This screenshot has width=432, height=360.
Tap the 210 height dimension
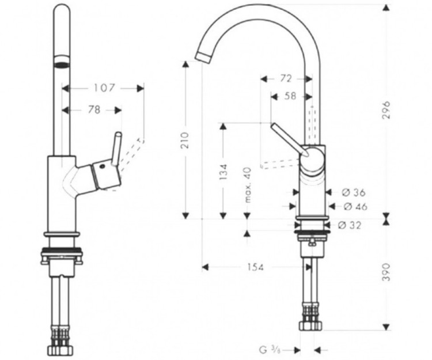pyautogui.click(x=185, y=139)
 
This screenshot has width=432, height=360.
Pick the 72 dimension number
pyautogui.click(x=286, y=78)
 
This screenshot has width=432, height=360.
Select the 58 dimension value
pyautogui.click(x=290, y=96)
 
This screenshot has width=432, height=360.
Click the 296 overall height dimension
pyautogui.click(x=386, y=109)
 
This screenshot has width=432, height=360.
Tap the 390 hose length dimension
pyautogui.click(x=386, y=272)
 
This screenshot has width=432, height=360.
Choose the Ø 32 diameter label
pyautogui.click(x=350, y=225)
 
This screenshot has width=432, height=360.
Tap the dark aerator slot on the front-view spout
pyautogui.click(x=62, y=63)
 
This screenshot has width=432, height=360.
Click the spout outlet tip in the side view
pyautogui.click(x=204, y=56)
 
